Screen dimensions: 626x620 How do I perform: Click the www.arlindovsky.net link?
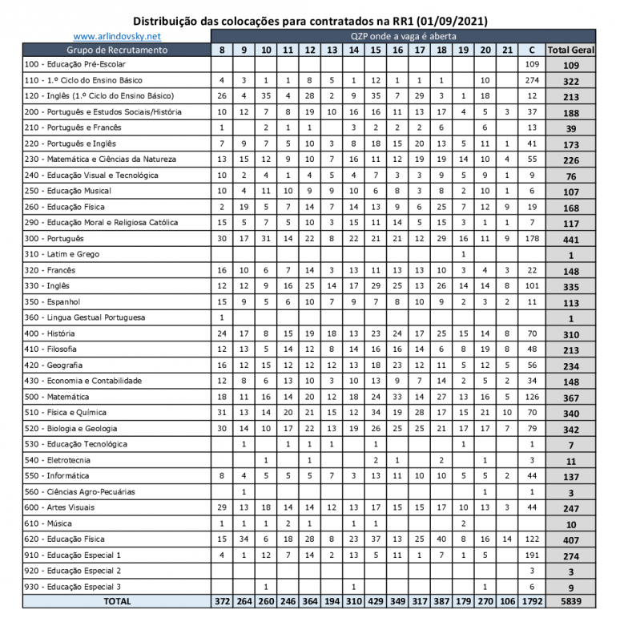click(117, 36)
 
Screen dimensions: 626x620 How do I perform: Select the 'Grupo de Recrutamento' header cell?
click(117, 50)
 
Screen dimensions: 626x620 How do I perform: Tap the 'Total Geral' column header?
click(571, 50)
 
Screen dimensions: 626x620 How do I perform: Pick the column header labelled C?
click(532, 50)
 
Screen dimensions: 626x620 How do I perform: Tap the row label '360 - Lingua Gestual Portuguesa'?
click(86, 317)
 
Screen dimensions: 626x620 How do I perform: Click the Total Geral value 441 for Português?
click(571, 239)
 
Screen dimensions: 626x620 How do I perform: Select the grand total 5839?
click(571, 602)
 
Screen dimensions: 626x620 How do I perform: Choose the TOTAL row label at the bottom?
click(117, 602)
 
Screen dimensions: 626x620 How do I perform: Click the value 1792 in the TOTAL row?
click(532, 602)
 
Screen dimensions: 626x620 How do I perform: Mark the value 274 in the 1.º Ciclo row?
click(532, 80)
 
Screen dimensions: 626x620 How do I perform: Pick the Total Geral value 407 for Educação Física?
click(571, 539)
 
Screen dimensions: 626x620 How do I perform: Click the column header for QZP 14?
click(353, 50)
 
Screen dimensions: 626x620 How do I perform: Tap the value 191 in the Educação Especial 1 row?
click(532, 555)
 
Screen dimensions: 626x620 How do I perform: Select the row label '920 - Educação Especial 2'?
click(74, 571)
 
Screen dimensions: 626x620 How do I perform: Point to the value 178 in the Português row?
click(532, 238)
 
